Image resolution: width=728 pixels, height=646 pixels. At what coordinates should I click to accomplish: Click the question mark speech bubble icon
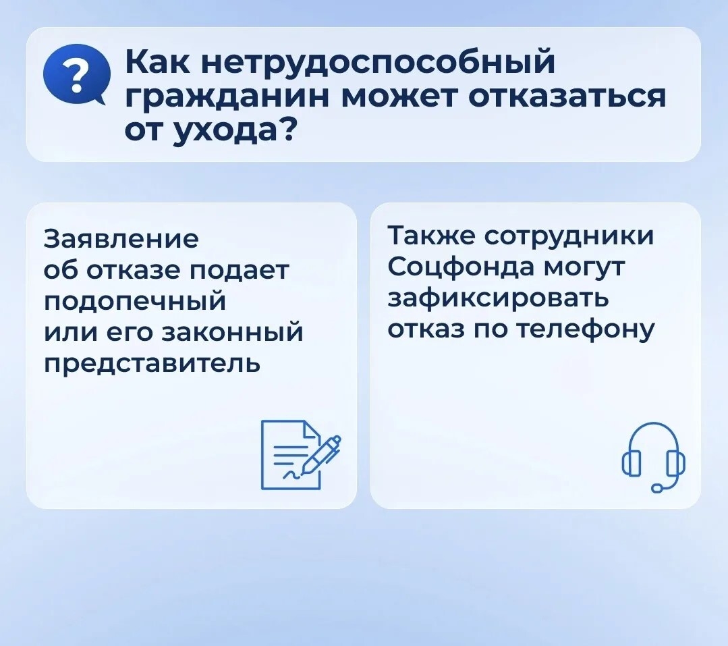pos(76,75)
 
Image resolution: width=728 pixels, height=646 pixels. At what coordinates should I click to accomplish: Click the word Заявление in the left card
pos(121,239)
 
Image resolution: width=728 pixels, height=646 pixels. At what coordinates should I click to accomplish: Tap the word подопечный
pos(135,302)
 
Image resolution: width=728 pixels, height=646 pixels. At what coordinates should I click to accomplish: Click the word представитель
pos(152,364)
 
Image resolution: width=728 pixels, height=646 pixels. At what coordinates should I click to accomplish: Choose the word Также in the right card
pos(431,236)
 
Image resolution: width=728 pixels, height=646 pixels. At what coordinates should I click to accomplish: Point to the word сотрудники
pos(569,237)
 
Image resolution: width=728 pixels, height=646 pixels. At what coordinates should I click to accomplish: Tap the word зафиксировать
pos(498,299)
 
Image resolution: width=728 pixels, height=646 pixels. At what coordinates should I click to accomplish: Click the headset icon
pos(653,456)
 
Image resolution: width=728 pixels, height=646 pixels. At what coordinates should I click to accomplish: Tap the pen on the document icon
pos(321,455)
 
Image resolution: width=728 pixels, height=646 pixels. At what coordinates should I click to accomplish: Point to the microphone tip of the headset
pos(657,487)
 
